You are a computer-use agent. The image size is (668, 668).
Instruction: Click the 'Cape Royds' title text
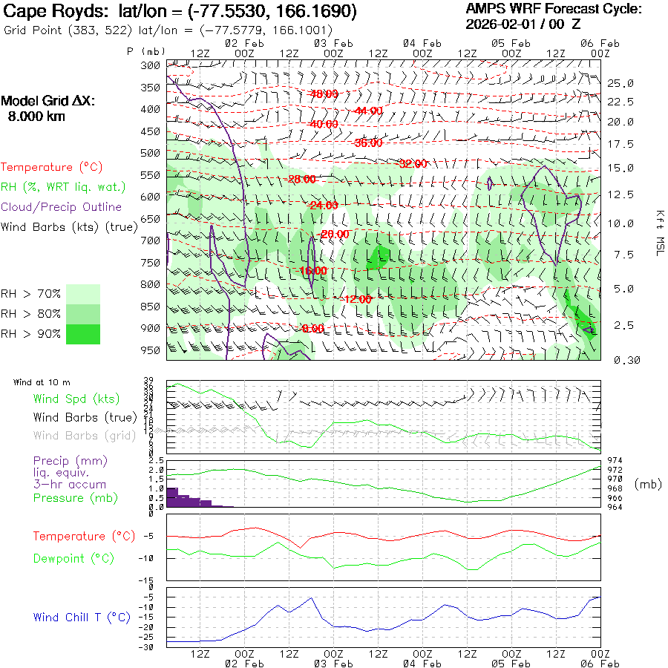(48, 12)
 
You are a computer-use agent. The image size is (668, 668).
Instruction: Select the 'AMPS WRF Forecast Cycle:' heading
(554, 9)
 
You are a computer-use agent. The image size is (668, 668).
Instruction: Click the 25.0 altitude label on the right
(620, 82)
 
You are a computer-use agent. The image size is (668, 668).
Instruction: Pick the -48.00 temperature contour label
(324, 94)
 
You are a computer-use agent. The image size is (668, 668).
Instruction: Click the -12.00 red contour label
(357, 299)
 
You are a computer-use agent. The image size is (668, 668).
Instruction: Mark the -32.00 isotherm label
(413, 164)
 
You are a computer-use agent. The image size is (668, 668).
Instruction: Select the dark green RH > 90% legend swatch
(83, 335)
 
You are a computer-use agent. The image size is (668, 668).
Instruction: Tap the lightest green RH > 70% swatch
(83, 294)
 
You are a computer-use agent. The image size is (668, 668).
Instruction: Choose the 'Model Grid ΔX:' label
(48, 102)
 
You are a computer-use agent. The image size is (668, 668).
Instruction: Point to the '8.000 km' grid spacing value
(36, 117)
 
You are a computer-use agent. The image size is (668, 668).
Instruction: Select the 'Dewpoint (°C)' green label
(71, 557)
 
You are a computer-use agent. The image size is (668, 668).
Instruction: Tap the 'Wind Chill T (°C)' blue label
(82, 618)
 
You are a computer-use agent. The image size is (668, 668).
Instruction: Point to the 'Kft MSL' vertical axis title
(658, 232)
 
